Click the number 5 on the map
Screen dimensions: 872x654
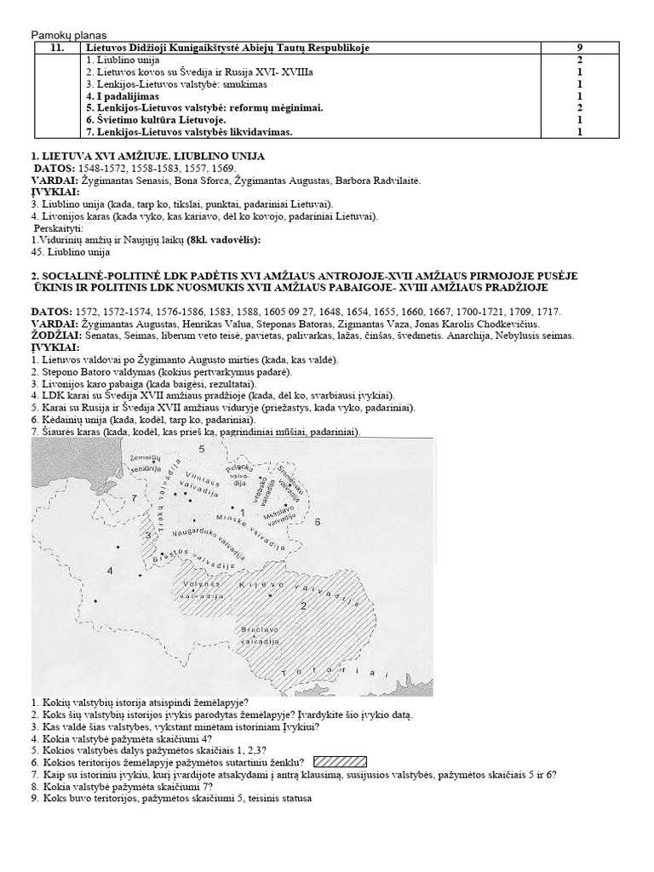[x=201, y=448]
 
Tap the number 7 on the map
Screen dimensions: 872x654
[x=134, y=497]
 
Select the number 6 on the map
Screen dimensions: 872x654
[x=317, y=520]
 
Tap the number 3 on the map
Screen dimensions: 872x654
[x=148, y=535]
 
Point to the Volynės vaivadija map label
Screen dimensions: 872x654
[x=198, y=589]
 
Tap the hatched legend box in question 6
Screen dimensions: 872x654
[x=340, y=762]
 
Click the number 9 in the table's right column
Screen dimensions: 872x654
[x=579, y=49]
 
